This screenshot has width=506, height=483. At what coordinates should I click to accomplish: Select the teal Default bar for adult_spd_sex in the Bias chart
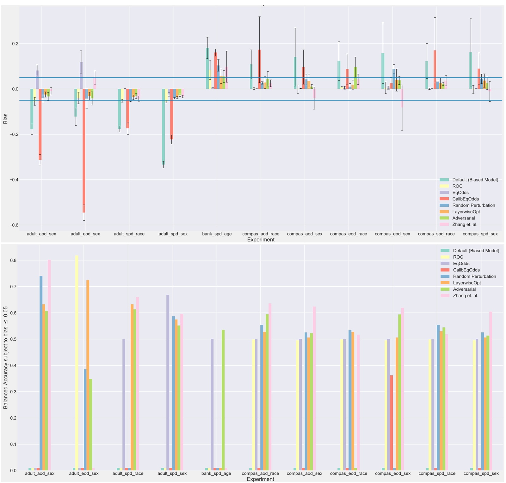click(163, 126)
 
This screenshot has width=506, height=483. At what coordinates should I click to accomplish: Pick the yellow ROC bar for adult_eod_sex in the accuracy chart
click(77, 363)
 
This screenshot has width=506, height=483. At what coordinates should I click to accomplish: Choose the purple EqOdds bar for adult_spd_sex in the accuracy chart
click(168, 382)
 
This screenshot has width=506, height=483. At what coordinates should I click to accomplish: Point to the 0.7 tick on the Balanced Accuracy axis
click(13, 287)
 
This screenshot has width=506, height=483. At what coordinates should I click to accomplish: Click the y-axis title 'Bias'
click(5, 119)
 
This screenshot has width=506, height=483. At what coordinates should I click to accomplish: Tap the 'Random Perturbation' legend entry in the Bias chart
click(473, 205)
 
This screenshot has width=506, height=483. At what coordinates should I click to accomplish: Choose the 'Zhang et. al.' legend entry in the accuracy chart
click(466, 296)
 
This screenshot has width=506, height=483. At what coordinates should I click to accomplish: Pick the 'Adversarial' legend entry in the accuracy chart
click(464, 289)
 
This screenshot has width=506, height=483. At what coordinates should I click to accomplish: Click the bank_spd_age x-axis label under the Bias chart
click(217, 234)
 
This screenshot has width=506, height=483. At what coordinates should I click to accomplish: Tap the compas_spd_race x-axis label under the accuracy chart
click(437, 474)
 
